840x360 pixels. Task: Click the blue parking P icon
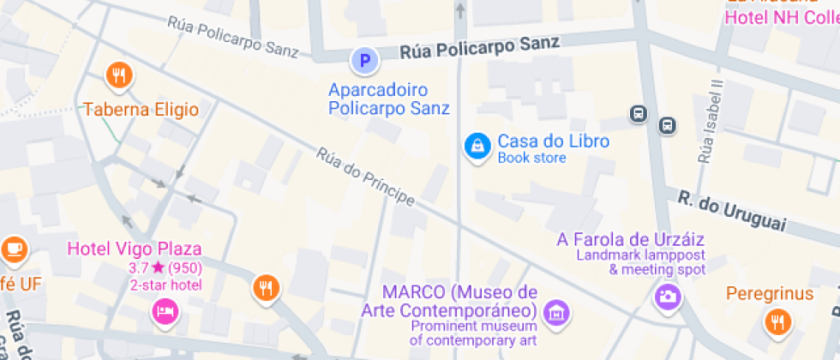365,61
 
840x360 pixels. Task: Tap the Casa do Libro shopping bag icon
477,147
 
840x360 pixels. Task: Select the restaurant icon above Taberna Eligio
119,76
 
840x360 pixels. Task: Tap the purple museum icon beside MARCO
558,312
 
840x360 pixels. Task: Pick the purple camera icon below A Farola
667,297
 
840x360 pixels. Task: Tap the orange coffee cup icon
15,249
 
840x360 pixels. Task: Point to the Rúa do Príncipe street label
365,178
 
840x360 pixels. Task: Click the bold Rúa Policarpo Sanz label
479,47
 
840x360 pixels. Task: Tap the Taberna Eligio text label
141,110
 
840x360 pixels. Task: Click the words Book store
531,158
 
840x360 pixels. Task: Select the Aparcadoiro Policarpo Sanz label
389,99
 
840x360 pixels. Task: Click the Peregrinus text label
770,294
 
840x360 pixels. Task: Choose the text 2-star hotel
165,285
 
